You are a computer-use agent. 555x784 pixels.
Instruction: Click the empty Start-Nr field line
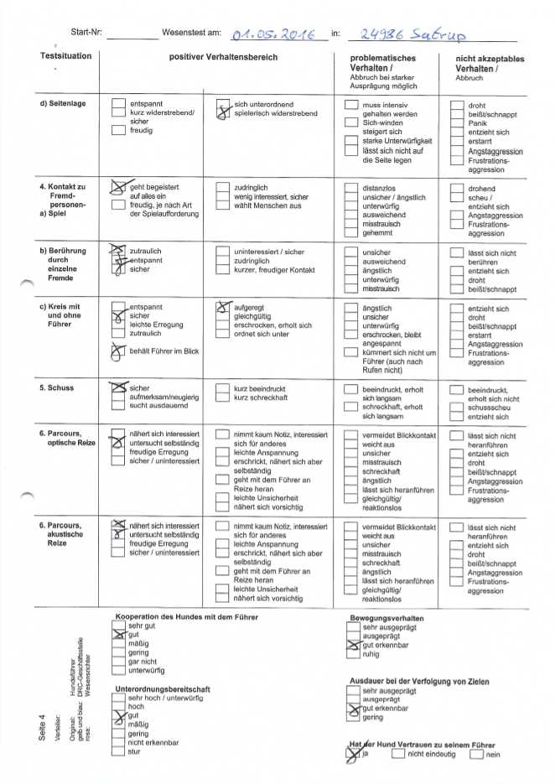click(x=132, y=37)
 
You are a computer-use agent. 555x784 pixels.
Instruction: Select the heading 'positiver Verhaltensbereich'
click(x=223, y=57)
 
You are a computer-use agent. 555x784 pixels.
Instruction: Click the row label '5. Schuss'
click(x=56, y=388)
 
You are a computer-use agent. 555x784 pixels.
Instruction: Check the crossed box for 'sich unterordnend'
click(x=223, y=109)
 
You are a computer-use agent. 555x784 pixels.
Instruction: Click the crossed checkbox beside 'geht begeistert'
click(x=118, y=190)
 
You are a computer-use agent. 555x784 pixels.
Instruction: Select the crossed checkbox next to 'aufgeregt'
click(x=223, y=309)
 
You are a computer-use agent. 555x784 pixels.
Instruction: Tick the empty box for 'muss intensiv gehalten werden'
click(x=351, y=105)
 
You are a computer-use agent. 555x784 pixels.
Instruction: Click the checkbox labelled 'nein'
click(x=476, y=754)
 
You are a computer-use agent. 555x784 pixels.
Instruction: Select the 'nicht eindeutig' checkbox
click(x=397, y=754)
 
